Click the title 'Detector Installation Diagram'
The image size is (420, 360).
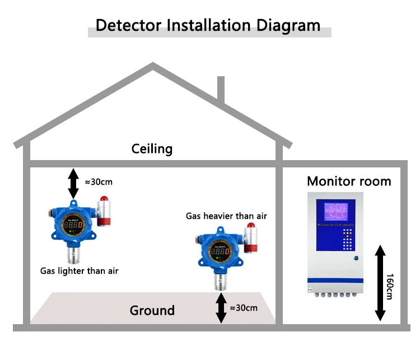tap(208, 25)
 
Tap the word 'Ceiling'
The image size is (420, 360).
tap(152, 149)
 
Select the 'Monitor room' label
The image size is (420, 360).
tap(348, 181)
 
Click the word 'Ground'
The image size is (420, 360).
tap(152, 310)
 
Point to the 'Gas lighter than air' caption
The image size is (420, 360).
tap(79, 271)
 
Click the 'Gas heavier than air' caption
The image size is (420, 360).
tap(226, 216)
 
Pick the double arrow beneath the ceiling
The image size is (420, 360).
tap(73, 183)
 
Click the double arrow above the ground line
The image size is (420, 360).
tap(221, 307)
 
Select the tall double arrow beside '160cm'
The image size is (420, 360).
tap(380, 283)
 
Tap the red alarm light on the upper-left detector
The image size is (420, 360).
tap(104, 199)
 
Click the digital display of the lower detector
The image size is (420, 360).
tap(220, 253)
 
